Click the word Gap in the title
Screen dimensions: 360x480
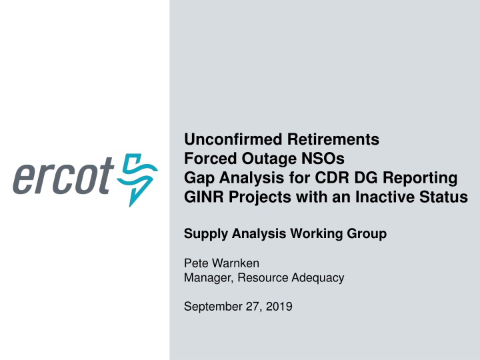[x=198, y=179]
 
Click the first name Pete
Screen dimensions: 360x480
[x=195, y=264]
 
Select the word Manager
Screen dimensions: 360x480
[x=205, y=278]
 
